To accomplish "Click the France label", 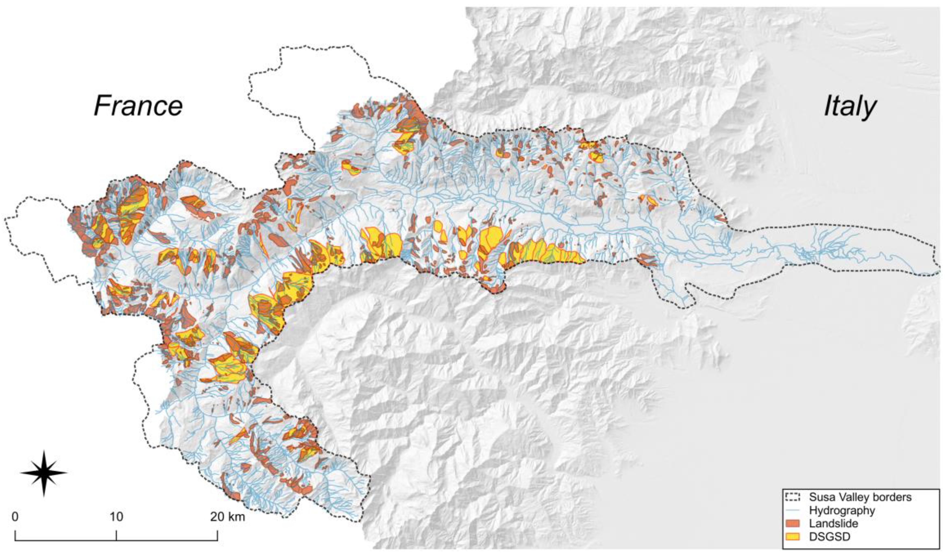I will [138, 106].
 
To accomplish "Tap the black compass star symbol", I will [44, 473].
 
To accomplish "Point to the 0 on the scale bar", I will [15, 517].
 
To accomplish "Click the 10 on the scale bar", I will [116, 517].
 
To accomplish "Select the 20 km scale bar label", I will [227, 517].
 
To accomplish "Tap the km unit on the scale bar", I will [237, 517].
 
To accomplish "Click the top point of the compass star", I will [44, 452].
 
